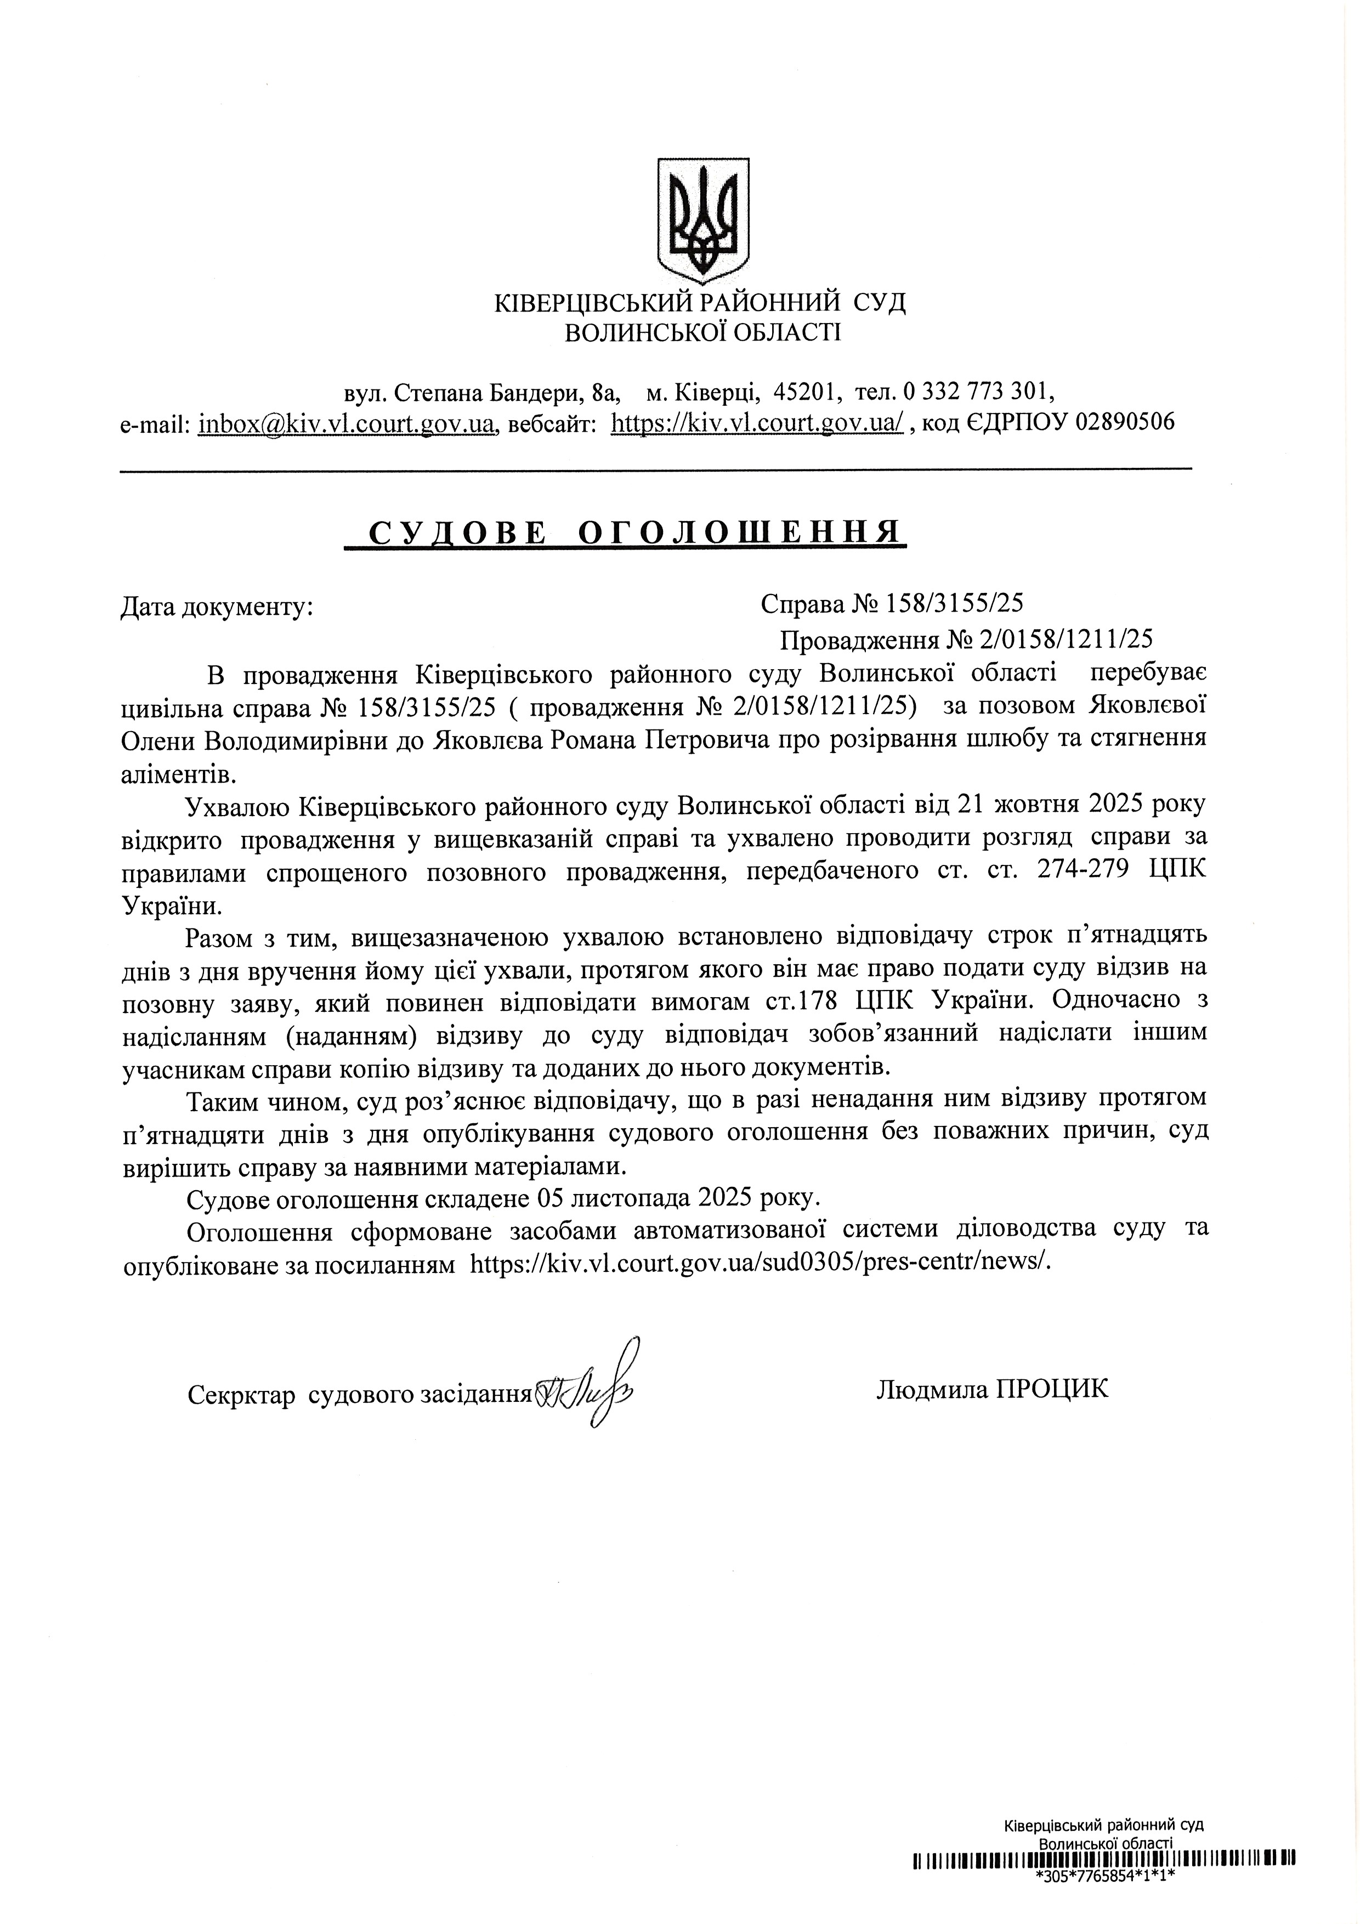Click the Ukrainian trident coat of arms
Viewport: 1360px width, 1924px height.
tap(702, 220)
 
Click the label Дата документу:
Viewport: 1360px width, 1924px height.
tap(217, 607)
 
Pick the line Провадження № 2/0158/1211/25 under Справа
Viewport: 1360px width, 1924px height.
tap(966, 640)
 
